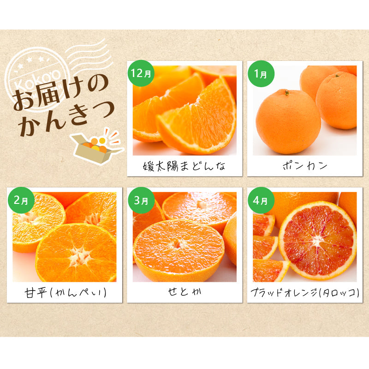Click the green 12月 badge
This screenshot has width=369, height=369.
click(x=139, y=73)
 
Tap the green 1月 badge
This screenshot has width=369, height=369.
click(x=261, y=73)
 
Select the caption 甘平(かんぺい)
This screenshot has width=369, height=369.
click(x=65, y=292)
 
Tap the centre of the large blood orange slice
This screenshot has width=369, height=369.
click(x=317, y=240)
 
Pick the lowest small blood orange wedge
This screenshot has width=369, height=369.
click(x=269, y=270)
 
